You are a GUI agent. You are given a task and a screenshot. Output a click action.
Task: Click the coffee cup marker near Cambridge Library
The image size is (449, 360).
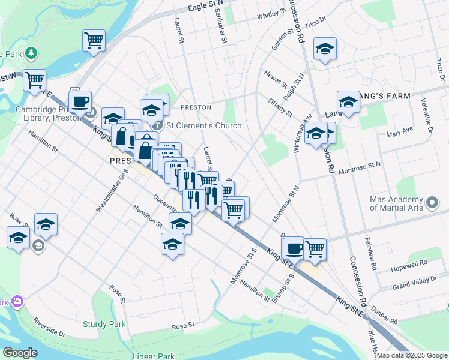coord(80,101)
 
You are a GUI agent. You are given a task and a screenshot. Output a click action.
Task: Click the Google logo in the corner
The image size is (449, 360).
coord(20,353)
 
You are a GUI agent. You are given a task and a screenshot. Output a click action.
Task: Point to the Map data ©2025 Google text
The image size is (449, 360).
coord(411,355)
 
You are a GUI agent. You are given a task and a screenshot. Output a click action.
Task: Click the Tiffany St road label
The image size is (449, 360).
coord(280,108)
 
